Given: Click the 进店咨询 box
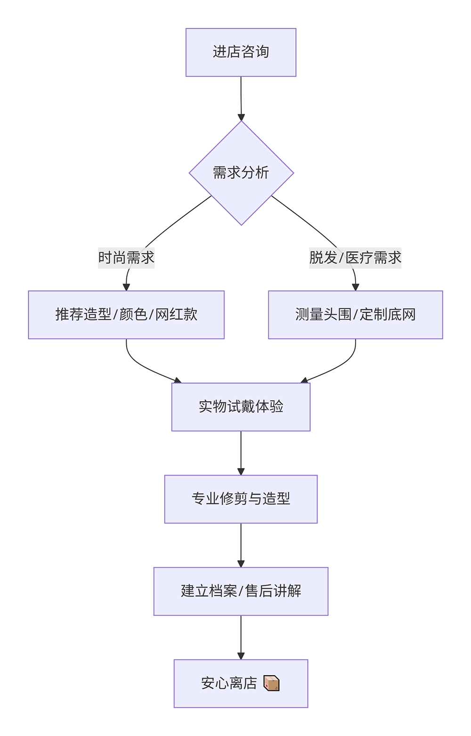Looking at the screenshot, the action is (241, 52).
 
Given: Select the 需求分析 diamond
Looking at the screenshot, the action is (241, 173).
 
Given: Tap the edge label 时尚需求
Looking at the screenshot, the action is (126, 257).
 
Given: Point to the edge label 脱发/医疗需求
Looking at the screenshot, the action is (355, 257).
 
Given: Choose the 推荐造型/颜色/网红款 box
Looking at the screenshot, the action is (126, 315).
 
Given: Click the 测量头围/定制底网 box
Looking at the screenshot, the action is (355, 315).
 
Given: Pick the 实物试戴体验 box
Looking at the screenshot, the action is (241, 407).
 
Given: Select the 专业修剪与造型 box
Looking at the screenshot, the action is (241, 499).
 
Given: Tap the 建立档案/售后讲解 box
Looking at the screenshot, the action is (241, 591).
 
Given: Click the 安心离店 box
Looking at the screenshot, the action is (241, 683).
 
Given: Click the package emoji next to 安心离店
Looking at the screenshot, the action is (271, 683).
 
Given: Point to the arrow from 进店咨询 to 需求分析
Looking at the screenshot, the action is (241, 98).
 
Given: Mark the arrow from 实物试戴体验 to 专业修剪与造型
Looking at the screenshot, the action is (241, 453).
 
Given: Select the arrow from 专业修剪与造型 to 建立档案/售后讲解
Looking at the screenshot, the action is (241, 545).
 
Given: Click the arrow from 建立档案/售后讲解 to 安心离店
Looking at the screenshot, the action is (241, 637).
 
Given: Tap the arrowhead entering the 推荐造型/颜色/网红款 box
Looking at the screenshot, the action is (126, 287).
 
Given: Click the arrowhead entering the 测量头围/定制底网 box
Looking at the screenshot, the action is (355, 287).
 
